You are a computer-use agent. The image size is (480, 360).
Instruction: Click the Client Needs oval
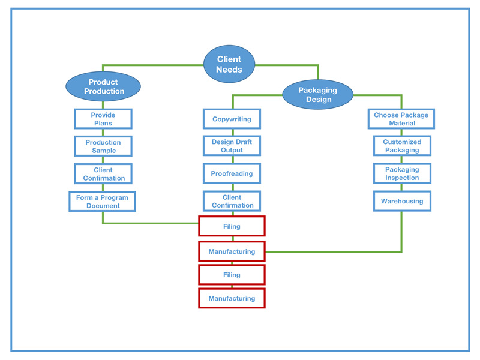(229, 64)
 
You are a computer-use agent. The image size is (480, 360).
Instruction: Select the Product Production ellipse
(103, 86)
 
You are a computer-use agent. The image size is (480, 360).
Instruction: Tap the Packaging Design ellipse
(318, 94)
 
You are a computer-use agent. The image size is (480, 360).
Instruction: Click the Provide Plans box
(103, 119)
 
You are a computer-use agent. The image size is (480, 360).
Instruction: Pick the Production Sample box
(103, 146)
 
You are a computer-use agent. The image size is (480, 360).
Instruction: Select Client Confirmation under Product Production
(103, 174)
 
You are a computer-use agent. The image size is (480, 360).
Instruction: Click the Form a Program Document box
(102, 202)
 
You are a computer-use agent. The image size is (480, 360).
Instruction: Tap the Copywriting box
(232, 119)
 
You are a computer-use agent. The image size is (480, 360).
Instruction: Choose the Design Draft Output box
(232, 146)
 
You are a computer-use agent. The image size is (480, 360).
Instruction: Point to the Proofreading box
(232, 174)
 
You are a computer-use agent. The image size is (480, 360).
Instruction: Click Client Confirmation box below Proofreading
(232, 201)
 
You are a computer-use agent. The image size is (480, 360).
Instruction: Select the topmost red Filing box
(232, 226)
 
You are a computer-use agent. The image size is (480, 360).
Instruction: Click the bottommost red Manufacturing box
(232, 298)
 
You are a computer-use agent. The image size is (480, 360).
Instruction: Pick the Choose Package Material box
(401, 119)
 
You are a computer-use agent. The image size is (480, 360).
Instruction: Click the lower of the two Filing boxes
(232, 275)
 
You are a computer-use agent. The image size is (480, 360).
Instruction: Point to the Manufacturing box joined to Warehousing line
(232, 251)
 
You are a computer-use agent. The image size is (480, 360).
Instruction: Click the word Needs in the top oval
(229, 70)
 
